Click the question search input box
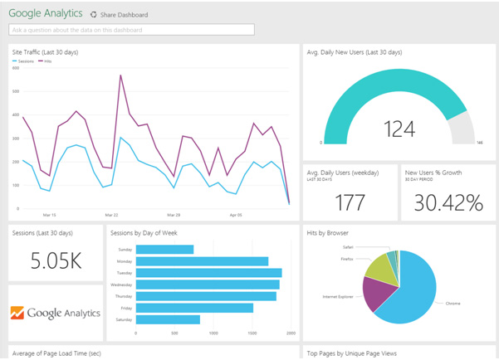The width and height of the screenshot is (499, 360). (x=131, y=30)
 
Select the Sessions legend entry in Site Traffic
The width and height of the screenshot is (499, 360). (x=24, y=61)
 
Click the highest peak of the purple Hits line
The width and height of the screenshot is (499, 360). (x=121, y=75)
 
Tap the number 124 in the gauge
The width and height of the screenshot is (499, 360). (x=399, y=128)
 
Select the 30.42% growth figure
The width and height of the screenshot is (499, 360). (x=448, y=202)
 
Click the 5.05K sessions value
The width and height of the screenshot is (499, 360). (x=56, y=260)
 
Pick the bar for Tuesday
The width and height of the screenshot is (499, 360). (x=208, y=273)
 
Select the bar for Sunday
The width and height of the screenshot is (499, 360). (x=164, y=250)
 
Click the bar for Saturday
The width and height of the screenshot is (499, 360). (x=168, y=319)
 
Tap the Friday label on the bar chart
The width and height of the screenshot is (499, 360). (x=125, y=308)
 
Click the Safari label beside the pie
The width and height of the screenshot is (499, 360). (x=348, y=246)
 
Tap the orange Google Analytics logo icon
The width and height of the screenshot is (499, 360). (x=17, y=313)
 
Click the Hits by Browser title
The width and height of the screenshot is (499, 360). (x=327, y=233)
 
